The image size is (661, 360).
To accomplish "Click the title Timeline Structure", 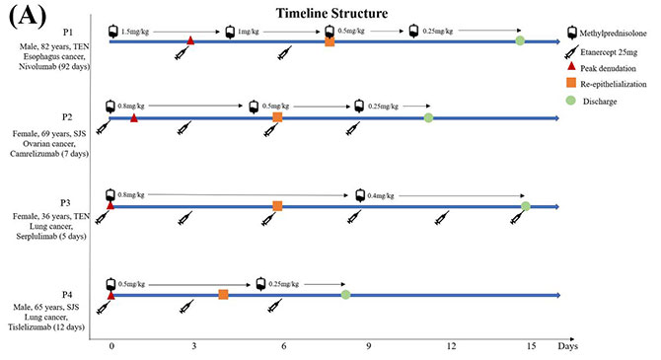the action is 331,13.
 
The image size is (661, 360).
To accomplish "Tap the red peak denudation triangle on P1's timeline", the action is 190,40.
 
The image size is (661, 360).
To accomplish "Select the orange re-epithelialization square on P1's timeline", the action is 330,41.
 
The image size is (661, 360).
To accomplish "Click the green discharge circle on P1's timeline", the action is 520,40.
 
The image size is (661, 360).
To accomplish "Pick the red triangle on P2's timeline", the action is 134,118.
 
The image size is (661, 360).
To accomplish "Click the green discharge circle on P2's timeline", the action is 428,117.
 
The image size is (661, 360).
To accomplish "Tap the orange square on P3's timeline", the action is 277,206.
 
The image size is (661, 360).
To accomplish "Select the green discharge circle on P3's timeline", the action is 526,206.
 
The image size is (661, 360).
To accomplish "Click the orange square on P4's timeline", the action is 223,295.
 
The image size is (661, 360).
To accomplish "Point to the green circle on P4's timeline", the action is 345,294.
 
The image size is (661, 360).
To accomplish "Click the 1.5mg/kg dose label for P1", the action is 135,32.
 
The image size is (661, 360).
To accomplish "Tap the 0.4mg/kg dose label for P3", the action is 381,195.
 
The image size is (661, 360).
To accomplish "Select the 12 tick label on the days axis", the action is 452,346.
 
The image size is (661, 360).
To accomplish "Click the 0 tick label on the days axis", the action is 111,346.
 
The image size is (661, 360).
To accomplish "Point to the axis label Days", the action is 568,346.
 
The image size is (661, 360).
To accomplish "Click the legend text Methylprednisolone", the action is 613,34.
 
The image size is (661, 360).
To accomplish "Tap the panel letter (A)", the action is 27,16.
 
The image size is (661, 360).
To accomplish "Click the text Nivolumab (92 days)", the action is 54,67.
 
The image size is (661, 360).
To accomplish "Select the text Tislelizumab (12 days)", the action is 46,327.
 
